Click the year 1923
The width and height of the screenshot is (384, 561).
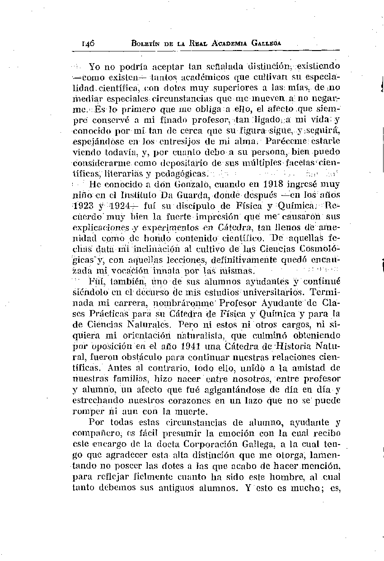point(83,205)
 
